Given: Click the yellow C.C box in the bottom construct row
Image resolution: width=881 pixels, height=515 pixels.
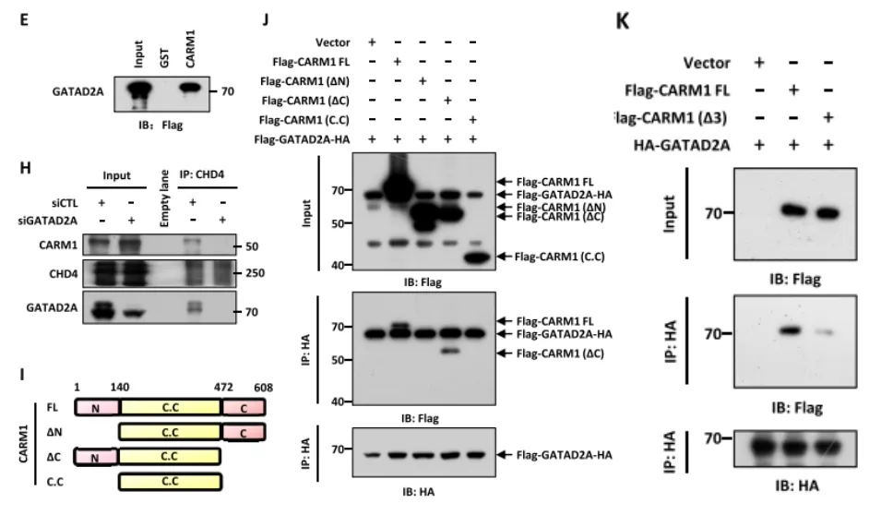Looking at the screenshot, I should pyautogui.click(x=170, y=481).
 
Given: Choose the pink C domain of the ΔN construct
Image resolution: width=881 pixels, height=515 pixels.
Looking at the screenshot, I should pyautogui.click(x=243, y=431).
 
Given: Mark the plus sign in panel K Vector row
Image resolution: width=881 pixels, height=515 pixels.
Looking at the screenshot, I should pyautogui.click(x=759, y=63).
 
